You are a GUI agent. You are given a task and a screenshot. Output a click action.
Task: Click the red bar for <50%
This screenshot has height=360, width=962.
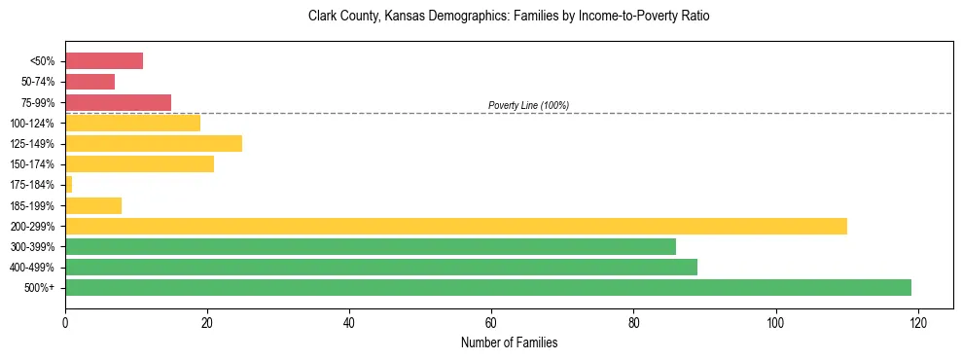(x=104, y=61)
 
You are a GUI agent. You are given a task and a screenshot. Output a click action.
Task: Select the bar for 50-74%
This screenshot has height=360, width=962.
(x=89, y=82)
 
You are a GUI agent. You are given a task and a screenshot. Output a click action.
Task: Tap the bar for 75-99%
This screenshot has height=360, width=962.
(x=118, y=102)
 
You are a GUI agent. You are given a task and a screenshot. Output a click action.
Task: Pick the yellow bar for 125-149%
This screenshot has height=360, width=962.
(x=154, y=144)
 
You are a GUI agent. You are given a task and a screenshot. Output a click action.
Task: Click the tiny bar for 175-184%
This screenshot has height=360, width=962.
(x=68, y=185)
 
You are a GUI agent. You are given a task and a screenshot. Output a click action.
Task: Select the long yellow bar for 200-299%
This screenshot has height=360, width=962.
(x=455, y=226)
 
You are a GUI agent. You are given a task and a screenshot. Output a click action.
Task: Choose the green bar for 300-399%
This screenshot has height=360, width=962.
(x=371, y=246)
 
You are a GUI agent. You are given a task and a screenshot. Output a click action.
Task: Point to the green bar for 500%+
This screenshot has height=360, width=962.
(x=487, y=287)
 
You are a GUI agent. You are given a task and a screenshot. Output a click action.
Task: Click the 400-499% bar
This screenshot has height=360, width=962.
(x=381, y=267)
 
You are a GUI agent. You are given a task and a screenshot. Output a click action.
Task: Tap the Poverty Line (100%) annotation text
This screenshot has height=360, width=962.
(x=528, y=105)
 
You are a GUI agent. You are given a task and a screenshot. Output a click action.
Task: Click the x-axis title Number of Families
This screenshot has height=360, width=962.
(x=509, y=342)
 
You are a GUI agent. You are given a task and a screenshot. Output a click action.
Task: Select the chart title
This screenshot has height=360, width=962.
(x=509, y=17)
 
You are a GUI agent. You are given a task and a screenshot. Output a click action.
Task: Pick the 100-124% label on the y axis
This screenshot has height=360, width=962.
(x=32, y=124)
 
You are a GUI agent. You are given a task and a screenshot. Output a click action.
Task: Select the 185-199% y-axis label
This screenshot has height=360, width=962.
(x=32, y=205)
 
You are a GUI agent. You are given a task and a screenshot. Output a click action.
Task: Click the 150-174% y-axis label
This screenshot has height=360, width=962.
(x=32, y=164)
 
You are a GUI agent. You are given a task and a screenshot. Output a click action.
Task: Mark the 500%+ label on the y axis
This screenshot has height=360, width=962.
(x=40, y=288)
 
